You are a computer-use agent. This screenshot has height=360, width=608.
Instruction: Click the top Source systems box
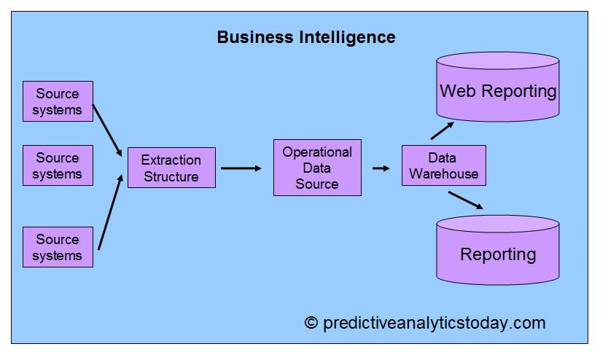(58, 101)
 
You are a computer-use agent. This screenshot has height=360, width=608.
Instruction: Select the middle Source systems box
(58, 165)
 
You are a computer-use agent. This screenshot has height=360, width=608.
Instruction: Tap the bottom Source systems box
(58, 247)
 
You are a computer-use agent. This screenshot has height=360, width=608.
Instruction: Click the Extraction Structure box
(171, 168)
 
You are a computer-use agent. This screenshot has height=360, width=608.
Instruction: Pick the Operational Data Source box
(317, 168)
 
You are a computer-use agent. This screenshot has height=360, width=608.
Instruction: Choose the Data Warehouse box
(443, 165)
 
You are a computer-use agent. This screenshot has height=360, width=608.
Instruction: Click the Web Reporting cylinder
(498, 87)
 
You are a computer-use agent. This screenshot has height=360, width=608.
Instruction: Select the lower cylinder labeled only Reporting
(498, 251)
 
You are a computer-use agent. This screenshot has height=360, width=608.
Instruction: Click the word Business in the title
(255, 37)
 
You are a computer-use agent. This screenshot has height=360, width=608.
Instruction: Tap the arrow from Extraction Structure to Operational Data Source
(241, 168)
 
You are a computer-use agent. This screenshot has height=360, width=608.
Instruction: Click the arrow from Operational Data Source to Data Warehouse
(381, 168)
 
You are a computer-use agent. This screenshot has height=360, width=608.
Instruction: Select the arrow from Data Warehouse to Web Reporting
(442, 130)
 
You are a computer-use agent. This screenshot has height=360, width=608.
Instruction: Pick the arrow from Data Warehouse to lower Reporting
(464, 200)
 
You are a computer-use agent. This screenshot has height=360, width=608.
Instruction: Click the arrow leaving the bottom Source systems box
(109, 212)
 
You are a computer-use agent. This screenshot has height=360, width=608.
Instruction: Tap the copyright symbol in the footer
(311, 323)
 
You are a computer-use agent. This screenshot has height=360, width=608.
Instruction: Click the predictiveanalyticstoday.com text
(434, 323)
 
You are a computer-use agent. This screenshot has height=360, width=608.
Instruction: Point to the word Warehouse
(444, 174)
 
